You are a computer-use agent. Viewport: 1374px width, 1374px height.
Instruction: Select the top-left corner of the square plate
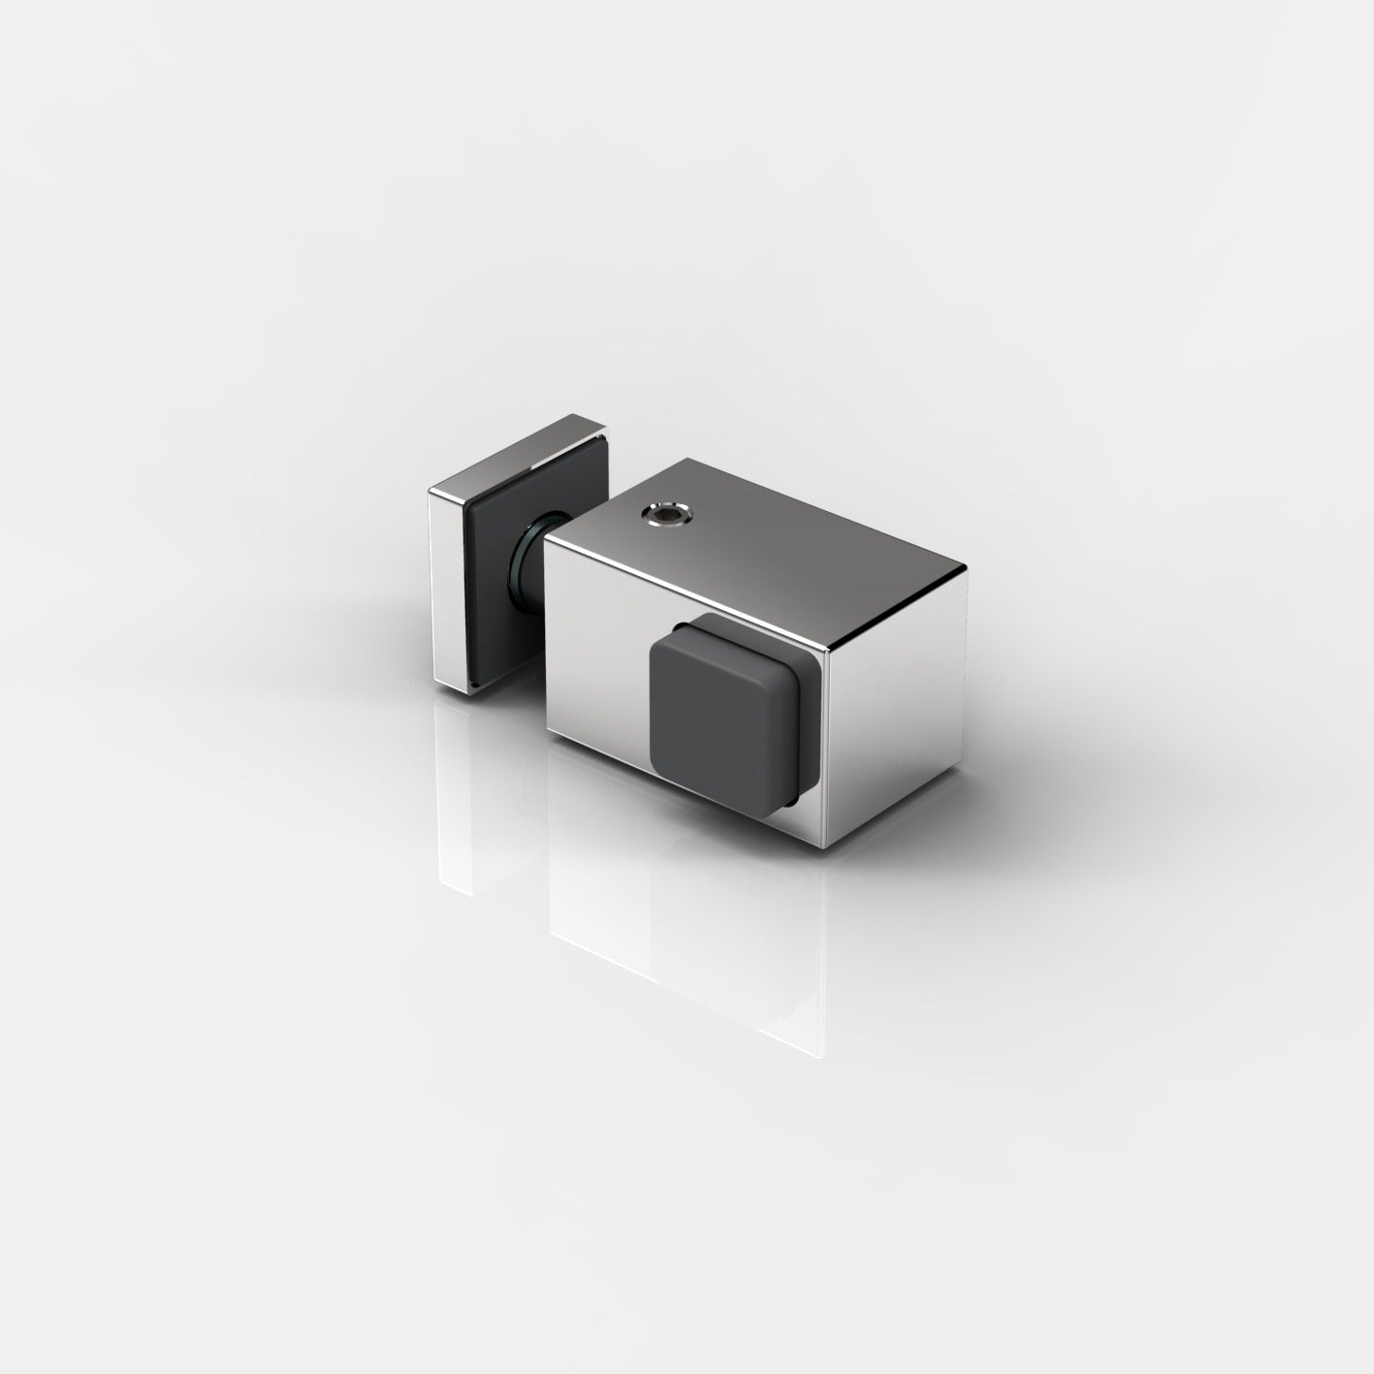tap(430, 494)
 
